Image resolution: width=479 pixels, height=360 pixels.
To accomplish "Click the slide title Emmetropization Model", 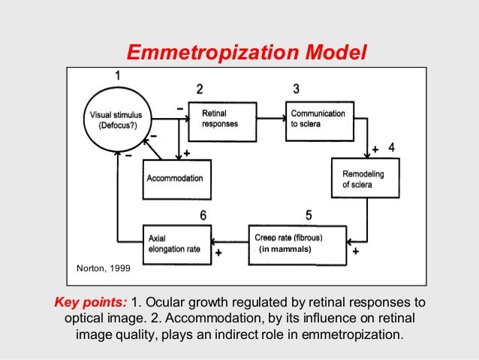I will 247,53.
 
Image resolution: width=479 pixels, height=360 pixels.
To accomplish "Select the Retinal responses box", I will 226,119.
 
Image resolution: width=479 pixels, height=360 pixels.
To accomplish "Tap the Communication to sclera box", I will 318,119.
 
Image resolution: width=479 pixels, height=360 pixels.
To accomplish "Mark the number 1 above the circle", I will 117,76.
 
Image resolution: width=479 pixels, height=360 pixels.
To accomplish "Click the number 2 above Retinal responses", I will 199,89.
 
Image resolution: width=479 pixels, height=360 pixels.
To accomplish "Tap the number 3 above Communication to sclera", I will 297,89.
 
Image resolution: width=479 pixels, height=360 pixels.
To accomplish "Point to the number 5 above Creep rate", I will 297,215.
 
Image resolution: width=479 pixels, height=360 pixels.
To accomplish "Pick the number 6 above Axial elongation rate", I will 203,216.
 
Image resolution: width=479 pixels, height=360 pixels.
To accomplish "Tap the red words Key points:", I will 90,303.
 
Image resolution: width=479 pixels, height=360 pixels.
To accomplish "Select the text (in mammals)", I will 284,250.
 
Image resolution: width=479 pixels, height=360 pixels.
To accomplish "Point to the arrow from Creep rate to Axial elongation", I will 229,243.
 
